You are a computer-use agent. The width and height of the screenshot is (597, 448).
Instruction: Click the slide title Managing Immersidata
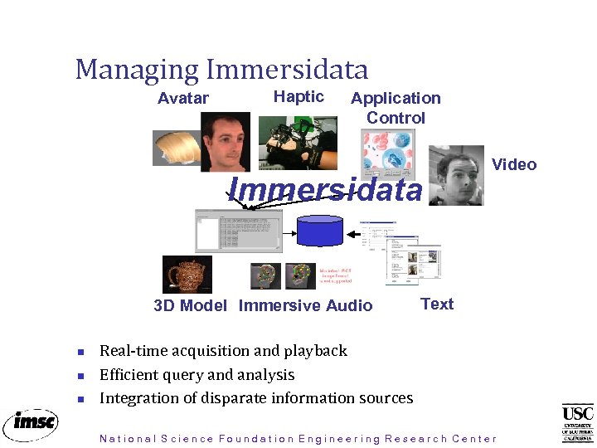[x=221, y=69]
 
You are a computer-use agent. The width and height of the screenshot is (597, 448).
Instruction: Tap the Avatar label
[x=183, y=98]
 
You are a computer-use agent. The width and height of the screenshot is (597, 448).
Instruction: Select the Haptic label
[x=298, y=96]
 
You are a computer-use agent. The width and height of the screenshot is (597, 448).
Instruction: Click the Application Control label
[x=396, y=108]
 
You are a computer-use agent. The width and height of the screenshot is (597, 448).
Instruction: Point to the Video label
[x=514, y=164]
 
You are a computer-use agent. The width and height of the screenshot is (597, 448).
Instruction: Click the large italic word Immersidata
[x=325, y=190]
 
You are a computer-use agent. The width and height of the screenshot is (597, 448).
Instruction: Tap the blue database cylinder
[x=320, y=230]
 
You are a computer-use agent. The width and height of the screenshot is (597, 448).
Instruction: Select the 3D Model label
[x=190, y=305]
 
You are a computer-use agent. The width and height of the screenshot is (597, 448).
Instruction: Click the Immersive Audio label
[x=305, y=305]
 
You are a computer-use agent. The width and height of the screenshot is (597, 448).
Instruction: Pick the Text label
[x=437, y=304]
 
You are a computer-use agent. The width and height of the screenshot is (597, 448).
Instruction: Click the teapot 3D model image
[x=187, y=274]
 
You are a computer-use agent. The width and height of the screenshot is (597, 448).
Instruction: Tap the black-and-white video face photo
[x=455, y=176]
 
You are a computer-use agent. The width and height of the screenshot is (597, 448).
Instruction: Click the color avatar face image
[x=225, y=141]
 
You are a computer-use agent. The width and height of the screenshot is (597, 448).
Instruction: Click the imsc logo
[x=30, y=423]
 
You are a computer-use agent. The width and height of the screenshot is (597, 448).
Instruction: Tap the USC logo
[x=577, y=422]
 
